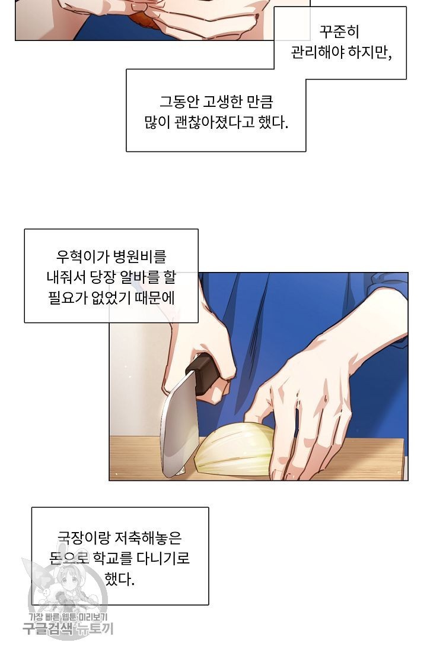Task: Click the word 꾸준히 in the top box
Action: tap(339, 31)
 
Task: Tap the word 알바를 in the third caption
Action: tap(139, 277)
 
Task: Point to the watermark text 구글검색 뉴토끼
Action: tap(68, 629)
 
